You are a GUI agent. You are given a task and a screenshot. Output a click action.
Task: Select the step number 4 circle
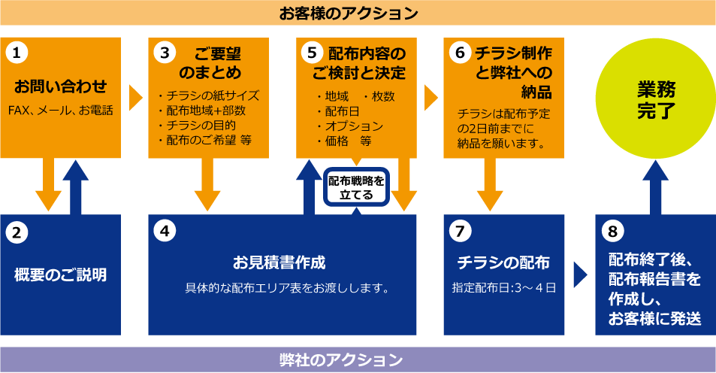click(165, 230)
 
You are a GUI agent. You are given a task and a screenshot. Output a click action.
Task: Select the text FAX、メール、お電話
click(61, 111)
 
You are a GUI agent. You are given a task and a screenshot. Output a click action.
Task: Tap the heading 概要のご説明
click(61, 274)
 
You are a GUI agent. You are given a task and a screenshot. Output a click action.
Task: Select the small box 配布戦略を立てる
click(357, 186)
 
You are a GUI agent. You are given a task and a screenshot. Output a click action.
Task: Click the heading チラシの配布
click(503, 262)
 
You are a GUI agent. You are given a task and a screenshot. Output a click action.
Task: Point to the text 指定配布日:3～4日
click(503, 287)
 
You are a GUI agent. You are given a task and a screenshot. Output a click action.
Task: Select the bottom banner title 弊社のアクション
click(358, 359)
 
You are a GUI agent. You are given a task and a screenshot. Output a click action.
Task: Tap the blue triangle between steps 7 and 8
click(579, 274)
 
